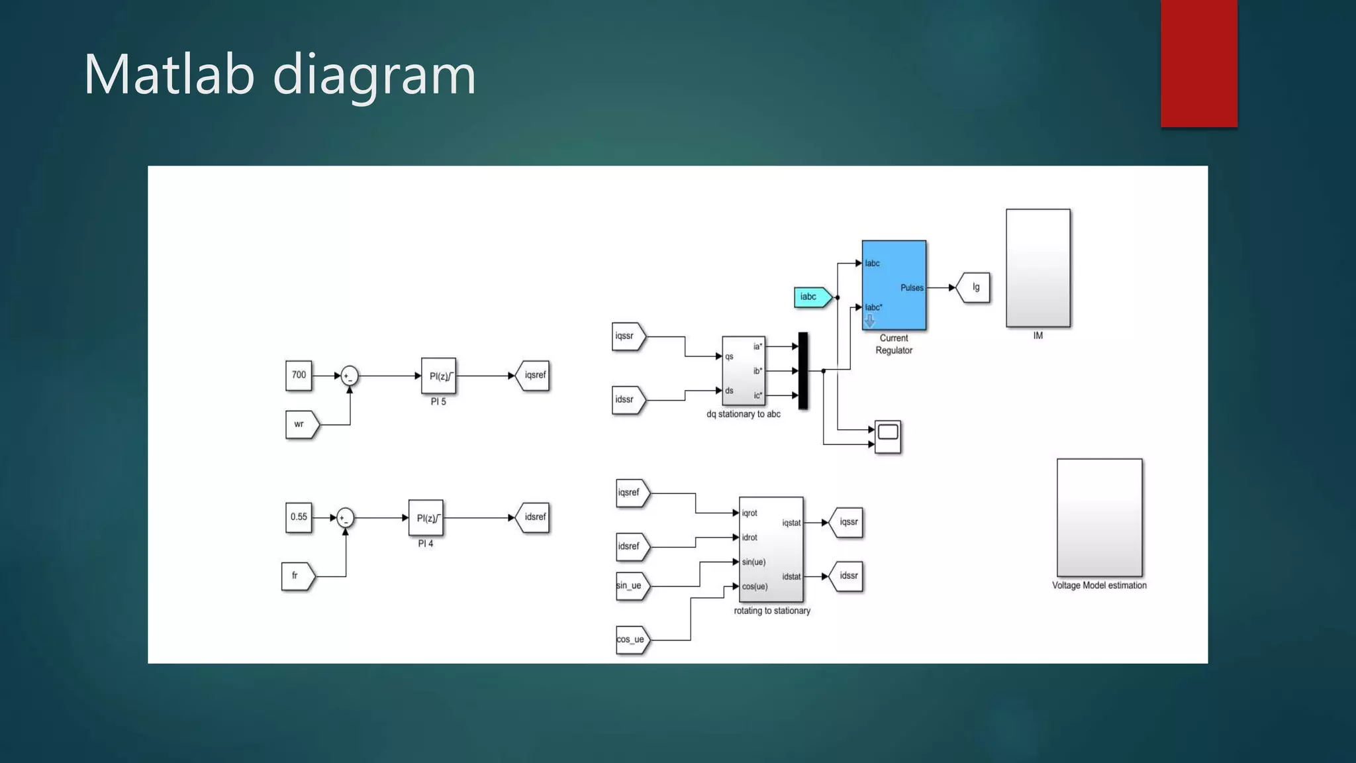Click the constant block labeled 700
pyautogui.click(x=299, y=376)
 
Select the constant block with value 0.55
pyautogui.click(x=299, y=517)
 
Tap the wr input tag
pyautogui.click(x=301, y=425)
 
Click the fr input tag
pyautogui.click(x=297, y=576)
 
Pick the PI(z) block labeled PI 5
pyautogui.click(x=438, y=376)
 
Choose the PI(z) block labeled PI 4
pyautogui.click(x=426, y=518)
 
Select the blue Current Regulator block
pyautogui.click(x=894, y=285)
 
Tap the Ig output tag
pyautogui.click(x=973, y=287)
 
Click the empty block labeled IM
pyautogui.click(x=1038, y=268)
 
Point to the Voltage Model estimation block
pyautogui.click(x=1099, y=517)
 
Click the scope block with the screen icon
pyautogui.click(x=888, y=436)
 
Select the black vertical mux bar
pyautogui.click(x=803, y=371)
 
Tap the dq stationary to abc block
pyautogui.click(x=744, y=370)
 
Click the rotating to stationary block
pyautogui.click(x=771, y=549)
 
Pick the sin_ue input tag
pyautogui.click(x=631, y=586)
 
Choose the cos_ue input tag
pyautogui.click(x=632, y=640)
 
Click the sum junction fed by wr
pyautogui.click(x=350, y=376)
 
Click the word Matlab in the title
pyautogui.click(x=169, y=74)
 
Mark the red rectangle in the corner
pyautogui.click(x=1198, y=64)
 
